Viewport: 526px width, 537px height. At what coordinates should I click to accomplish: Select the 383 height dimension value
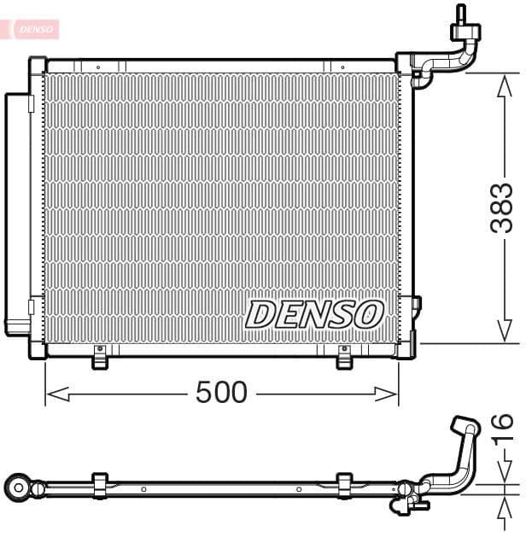502,207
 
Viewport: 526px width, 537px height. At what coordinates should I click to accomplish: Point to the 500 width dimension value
221,393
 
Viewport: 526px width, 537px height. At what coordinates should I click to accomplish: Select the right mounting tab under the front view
344,359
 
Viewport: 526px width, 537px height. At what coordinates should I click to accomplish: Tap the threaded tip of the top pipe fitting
462,13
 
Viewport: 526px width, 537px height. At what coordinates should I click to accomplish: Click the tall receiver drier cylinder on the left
16,213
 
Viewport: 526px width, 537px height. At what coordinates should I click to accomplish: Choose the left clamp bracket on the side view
99,484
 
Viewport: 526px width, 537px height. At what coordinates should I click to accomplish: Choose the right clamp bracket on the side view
344,484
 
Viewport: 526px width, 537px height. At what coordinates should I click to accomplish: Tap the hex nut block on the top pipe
465,32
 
